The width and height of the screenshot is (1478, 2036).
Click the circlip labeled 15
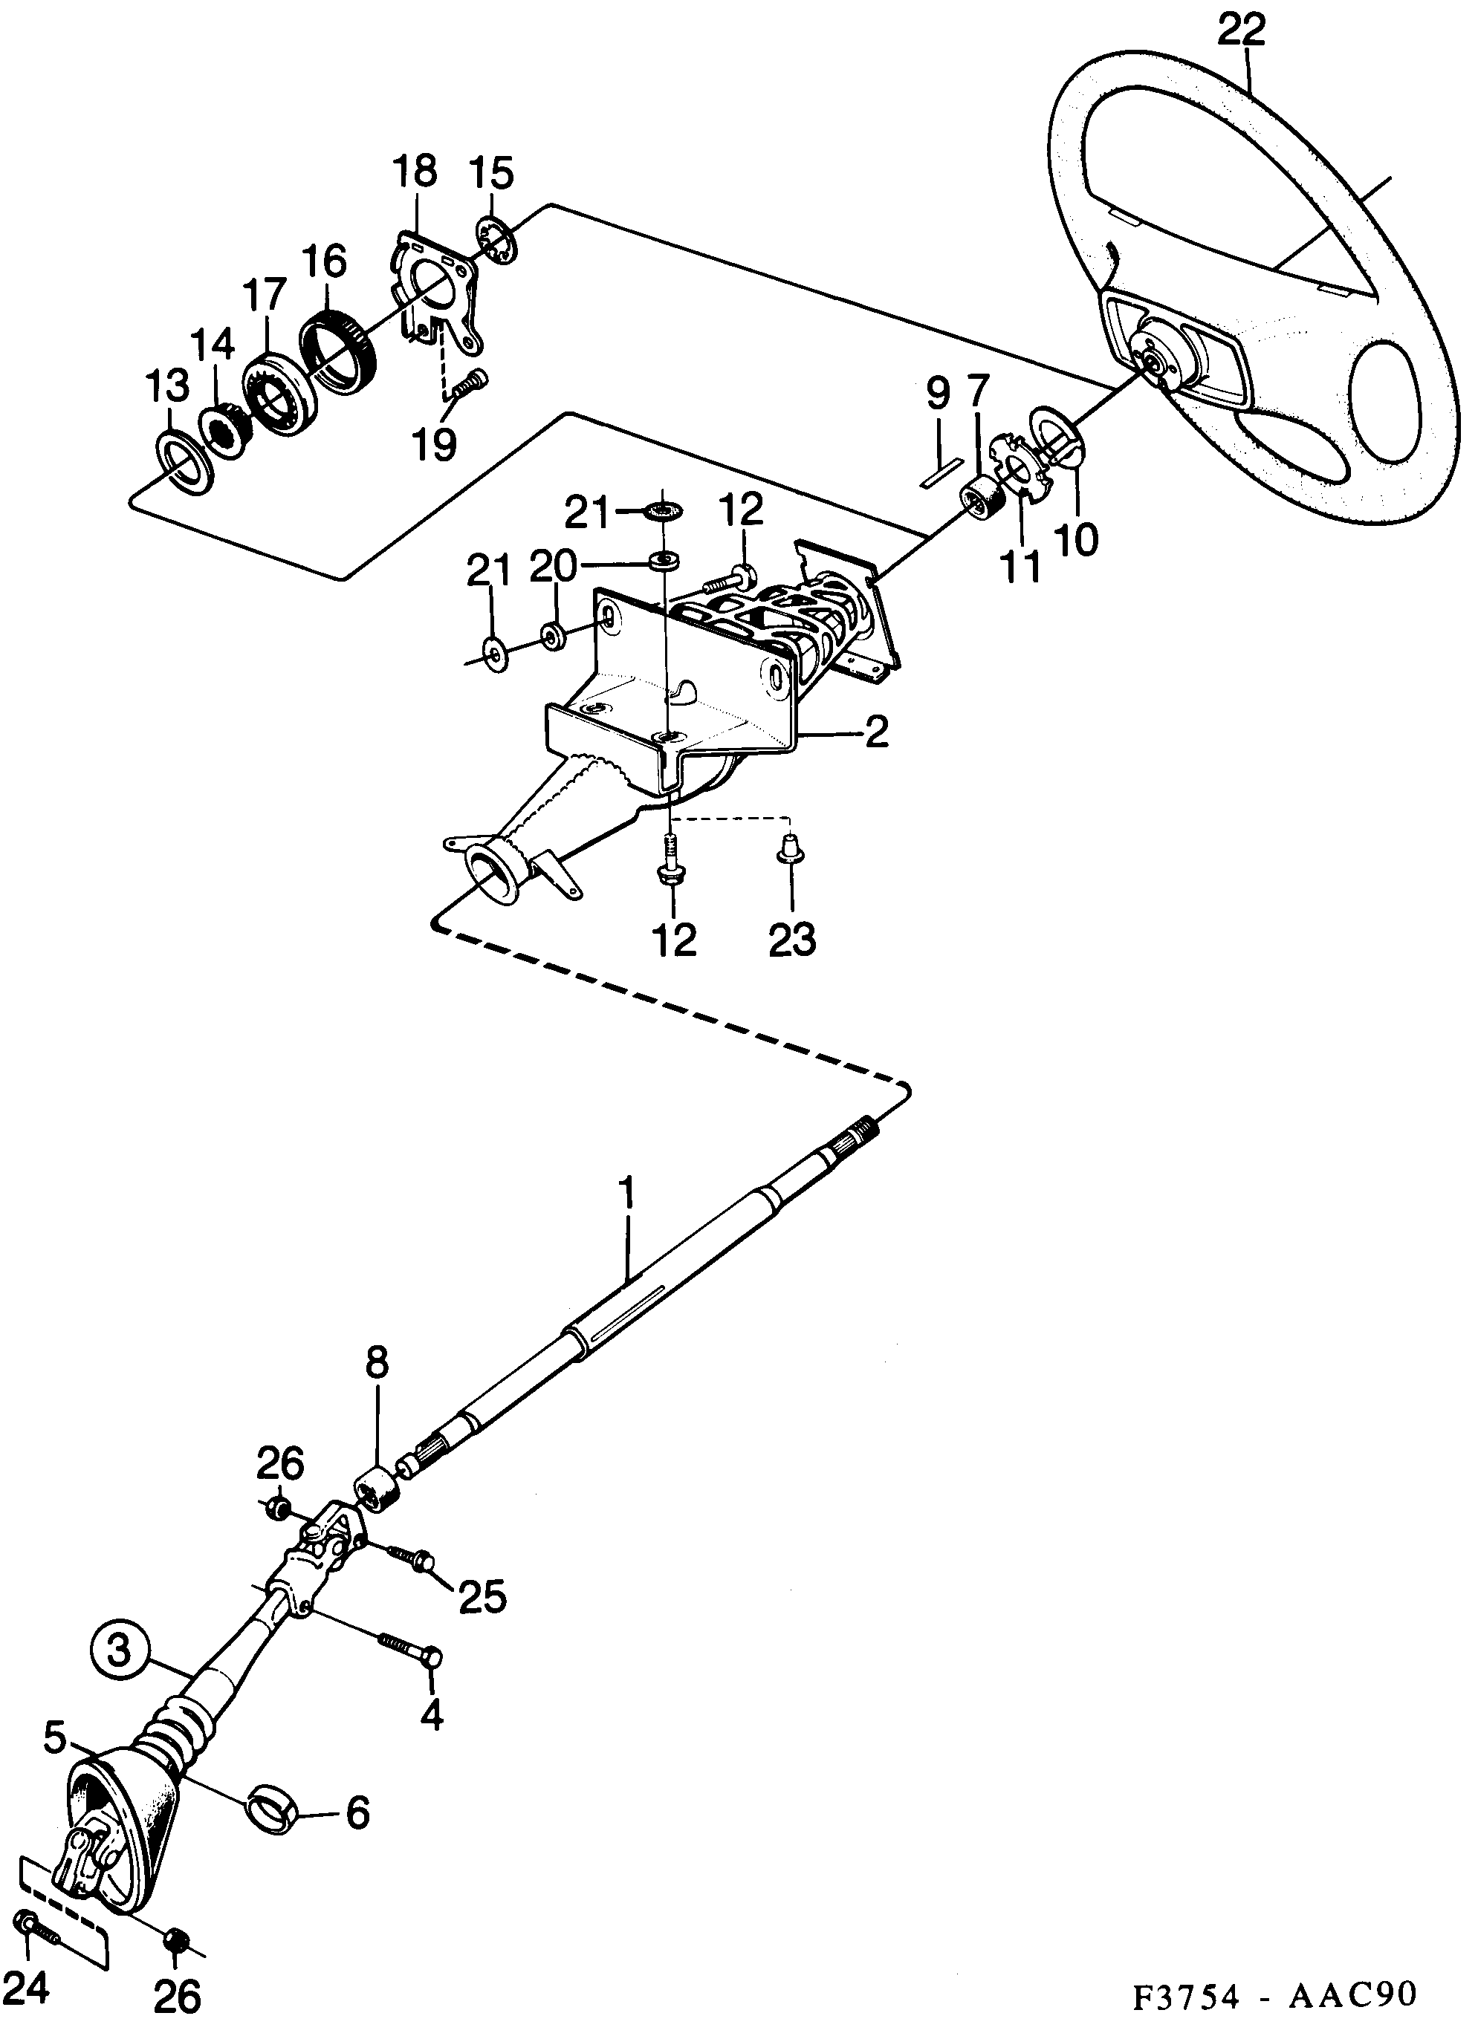click(495, 241)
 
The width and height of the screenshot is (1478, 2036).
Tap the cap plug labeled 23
click(790, 848)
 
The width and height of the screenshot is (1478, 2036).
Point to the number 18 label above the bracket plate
click(414, 172)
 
